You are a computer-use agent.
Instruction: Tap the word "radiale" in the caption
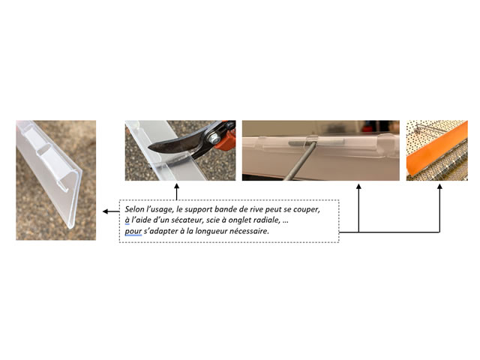coord(266,220)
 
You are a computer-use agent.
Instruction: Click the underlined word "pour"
coord(133,232)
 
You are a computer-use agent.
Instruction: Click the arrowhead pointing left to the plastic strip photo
coord(105,211)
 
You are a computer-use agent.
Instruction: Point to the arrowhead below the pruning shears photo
coord(177,186)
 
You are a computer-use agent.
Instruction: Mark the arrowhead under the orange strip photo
coord(440,186)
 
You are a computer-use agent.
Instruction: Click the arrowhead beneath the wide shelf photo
coord(358,186)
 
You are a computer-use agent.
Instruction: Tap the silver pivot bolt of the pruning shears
coord(214,138)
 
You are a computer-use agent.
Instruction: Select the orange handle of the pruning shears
coord(226,137)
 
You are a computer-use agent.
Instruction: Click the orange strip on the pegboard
coord(436,149)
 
